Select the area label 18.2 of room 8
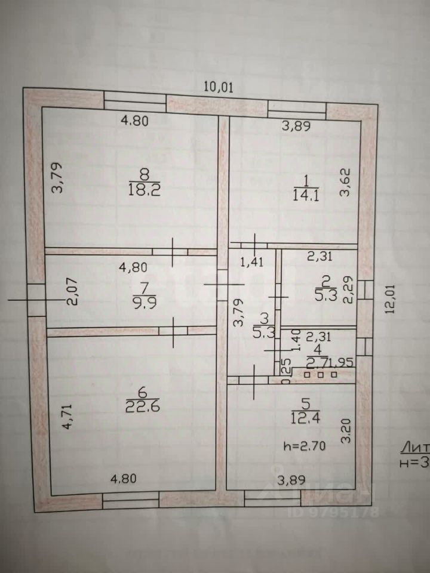click(143, 190)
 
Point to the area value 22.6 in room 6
click(138, 406)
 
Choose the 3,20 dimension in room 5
click(345, 429)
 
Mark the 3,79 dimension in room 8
click(56, 178)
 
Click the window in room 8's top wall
click(135, 101)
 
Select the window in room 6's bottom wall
click(131, 499)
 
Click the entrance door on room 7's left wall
click(36, 300)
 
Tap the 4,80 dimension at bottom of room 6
click(124, 478)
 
